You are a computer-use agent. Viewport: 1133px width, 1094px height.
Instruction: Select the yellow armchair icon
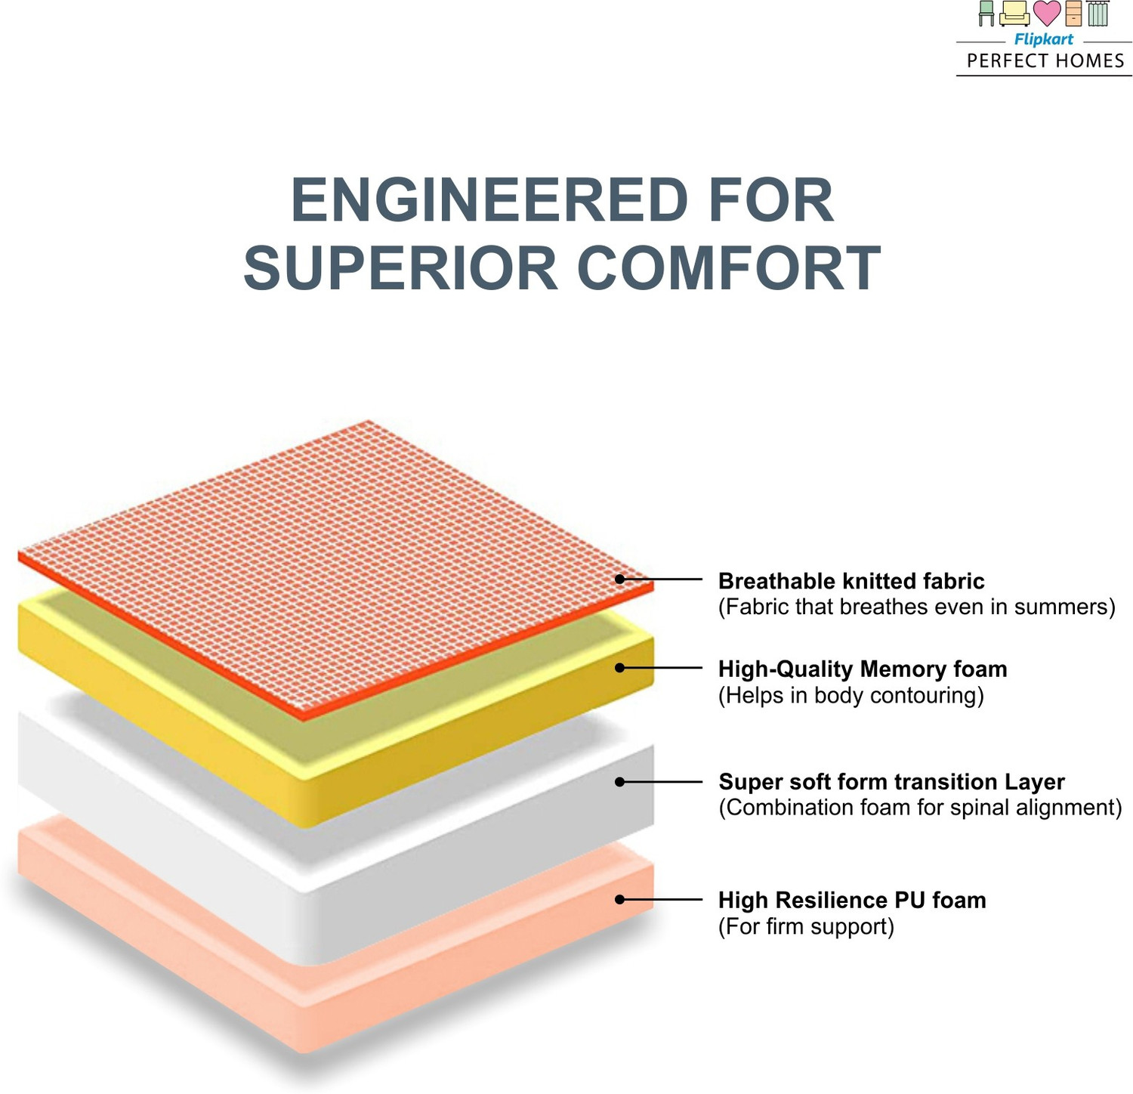1014,14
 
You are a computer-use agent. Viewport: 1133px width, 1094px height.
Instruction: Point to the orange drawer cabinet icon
1073,14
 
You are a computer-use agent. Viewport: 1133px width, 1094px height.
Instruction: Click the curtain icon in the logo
1097,14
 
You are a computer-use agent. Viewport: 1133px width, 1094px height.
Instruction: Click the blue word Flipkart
1043,39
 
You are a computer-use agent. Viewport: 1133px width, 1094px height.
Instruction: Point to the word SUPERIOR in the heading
401,268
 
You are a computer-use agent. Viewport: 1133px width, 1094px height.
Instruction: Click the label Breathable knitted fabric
851,581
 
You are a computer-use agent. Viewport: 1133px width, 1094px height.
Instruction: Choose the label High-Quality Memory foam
863,669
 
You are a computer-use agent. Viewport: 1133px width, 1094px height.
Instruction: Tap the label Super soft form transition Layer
891,782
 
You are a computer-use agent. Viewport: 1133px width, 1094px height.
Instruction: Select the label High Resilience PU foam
852,901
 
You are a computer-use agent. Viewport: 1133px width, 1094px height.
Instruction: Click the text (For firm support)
806,927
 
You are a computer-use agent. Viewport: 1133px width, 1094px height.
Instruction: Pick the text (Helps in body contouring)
851,696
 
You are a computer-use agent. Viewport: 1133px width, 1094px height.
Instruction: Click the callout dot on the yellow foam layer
619,668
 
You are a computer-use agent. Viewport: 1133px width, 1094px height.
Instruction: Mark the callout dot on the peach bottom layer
619,899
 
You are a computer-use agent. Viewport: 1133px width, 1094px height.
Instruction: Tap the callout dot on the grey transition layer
619,782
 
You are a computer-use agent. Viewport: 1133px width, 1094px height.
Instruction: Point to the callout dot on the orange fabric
619,579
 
